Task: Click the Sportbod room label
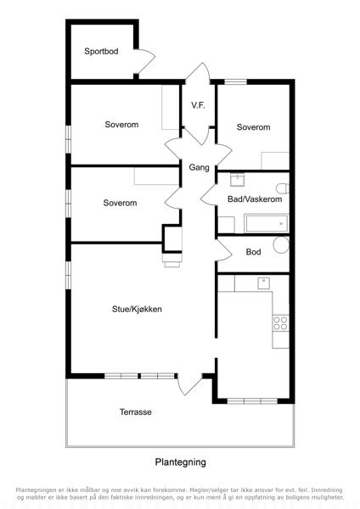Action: pos(101,51)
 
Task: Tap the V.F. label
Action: pos(198,105)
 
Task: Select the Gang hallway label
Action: pos(199,167)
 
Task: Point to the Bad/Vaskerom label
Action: pos(255,199)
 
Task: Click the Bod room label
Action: pos(253,252)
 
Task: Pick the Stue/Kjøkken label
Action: pos(137,309)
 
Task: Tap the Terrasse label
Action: pos(136,412)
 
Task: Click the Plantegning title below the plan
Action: pos(180,462)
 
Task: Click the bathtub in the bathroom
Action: pos(266,223)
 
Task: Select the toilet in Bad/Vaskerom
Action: pos(283,188)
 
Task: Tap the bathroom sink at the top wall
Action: pos(237,179)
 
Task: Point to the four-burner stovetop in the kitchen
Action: pos(281,323)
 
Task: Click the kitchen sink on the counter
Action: pos(263,283)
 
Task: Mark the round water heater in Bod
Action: pos(281,245)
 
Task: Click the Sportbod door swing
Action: pos(144,62)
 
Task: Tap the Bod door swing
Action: pos(224,250)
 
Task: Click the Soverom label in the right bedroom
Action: pos(253,127)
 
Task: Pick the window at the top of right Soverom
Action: pos(235,81)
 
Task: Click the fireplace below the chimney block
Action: pos(172,260)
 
